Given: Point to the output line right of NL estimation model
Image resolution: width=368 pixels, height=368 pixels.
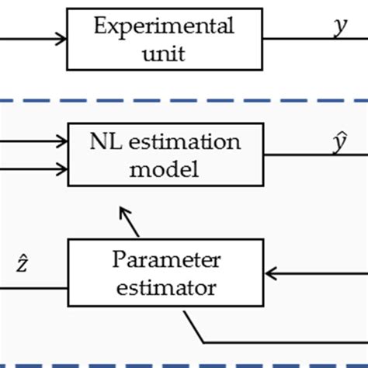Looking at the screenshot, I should tap(311, 154).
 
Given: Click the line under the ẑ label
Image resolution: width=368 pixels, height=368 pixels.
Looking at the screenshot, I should tap(31, 287).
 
